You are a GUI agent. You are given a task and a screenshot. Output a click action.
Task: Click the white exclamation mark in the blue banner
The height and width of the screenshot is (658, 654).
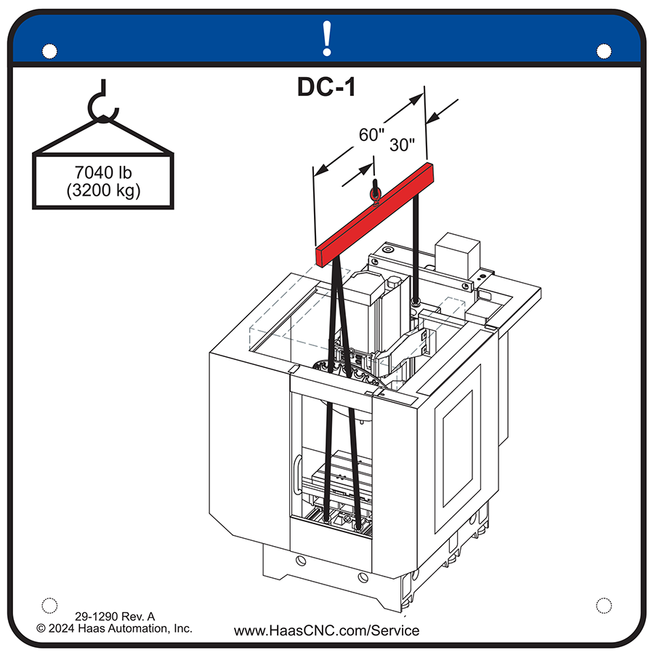(327, 39)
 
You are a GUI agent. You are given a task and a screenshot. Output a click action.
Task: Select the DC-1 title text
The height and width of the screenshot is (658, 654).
(326, 87)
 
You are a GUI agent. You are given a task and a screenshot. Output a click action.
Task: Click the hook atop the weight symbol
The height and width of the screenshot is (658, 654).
(102, 105)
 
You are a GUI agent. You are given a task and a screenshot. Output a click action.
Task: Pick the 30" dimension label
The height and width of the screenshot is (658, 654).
(402, 144)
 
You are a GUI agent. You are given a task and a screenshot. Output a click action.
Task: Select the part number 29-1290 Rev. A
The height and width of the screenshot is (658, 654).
(115, 615)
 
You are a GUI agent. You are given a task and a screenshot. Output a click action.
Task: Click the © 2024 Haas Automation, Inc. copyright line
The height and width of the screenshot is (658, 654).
(115, 628)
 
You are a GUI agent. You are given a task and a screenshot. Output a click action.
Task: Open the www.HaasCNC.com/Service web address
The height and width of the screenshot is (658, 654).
(326, 630)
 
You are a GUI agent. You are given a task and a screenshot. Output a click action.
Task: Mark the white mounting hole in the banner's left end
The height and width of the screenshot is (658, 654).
(49, 51)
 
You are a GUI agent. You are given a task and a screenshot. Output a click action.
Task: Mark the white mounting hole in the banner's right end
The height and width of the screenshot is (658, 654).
(603, 51)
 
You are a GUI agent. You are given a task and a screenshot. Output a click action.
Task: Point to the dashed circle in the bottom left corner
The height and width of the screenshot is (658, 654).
(49, 605)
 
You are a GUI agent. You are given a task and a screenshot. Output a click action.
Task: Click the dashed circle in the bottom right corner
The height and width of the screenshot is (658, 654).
(603, 605)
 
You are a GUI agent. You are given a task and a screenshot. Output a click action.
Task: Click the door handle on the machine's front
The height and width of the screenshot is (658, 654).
(297, 480)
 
